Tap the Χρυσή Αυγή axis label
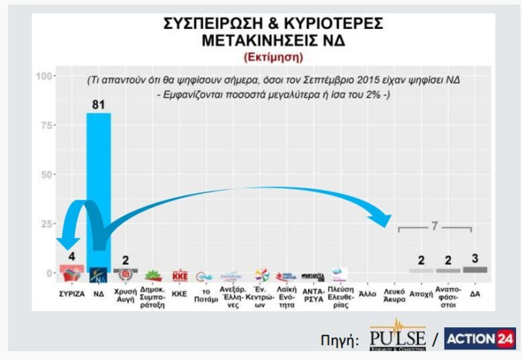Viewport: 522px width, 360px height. click(x=125, y=297)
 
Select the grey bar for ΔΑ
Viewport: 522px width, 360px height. click(x=474, y=269)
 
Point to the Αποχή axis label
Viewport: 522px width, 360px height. click(x=421, y=294)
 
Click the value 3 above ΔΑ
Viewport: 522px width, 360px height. click(x=475, y=258)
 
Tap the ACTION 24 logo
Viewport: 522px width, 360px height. click(x=479, y=339)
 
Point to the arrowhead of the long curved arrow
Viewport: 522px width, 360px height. click(x=385, y=221)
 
